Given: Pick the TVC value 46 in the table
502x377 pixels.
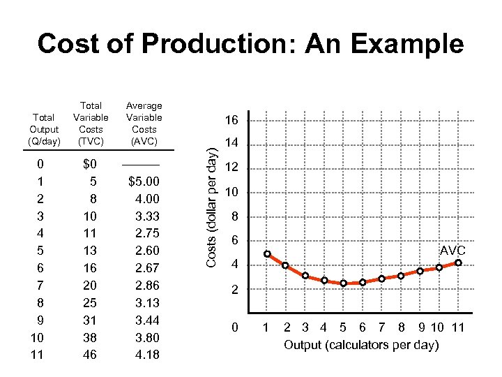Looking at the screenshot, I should pos(91,355).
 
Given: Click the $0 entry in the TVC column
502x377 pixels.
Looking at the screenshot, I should pos(90,164).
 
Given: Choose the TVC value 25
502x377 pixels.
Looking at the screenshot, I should pos(91,302).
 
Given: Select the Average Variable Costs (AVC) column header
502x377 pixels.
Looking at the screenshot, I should pos(144,124).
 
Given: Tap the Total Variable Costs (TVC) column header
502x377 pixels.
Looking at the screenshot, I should pos(91,124).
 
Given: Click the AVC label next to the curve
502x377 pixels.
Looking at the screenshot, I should pos(452,251).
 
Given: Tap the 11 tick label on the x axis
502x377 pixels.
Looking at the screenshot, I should pos(457,327).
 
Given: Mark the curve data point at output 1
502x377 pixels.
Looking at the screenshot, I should pos(267,254).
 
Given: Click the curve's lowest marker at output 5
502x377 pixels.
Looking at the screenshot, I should pos(343,283).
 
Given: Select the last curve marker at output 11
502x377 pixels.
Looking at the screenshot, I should pos(458,263).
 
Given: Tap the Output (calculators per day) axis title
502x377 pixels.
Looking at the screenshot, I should pos(361,346).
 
